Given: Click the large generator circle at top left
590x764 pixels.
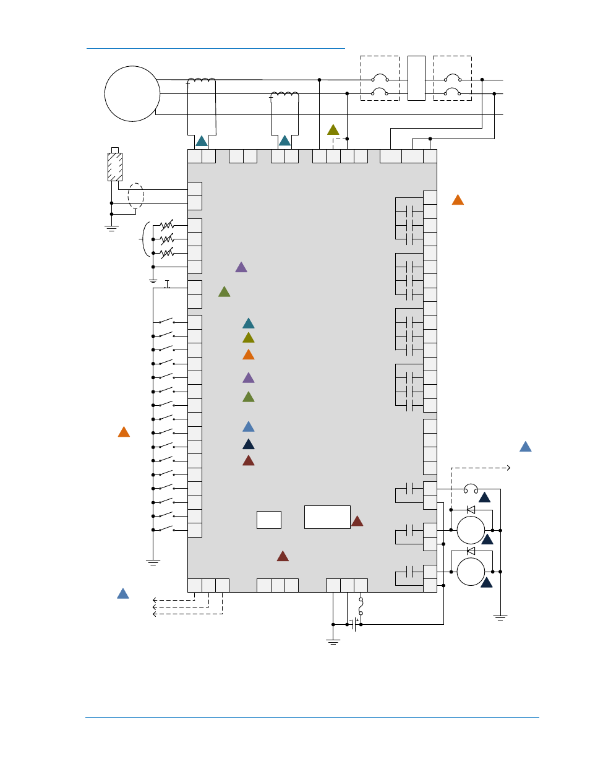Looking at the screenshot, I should coord(132,93).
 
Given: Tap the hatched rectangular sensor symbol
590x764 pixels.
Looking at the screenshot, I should coord(115,166).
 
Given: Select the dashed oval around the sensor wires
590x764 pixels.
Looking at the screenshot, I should coord(135,196).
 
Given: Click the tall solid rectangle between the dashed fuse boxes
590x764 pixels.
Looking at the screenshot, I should coord(416,78).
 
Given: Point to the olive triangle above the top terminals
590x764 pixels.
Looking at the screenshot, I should coord(333,130).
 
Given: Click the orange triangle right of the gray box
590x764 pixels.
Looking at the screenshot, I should coord(458,200).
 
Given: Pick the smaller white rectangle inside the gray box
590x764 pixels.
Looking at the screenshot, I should coord(269,520).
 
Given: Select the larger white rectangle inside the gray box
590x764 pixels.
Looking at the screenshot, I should coord(327,517).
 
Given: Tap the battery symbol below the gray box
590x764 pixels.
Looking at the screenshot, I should coord(355,624).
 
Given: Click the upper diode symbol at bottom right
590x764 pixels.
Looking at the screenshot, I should coord(471,510).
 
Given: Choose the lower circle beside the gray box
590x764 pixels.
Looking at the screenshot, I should coord(471,572).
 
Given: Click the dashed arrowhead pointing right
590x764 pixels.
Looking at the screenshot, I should coord(508,468).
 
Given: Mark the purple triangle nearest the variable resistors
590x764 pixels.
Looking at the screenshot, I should coord(241,267).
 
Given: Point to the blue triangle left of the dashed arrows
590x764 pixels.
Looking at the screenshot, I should coord(123,594).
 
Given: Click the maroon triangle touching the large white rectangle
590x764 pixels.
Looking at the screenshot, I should coord(357,521).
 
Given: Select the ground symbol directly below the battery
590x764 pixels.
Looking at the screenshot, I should coord(333,642).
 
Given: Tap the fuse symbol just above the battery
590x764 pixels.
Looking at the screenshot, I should coord(361,605).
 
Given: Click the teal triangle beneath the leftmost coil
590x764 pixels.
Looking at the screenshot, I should coord(202,141).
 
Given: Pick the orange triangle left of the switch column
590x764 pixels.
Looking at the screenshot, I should coord(124,432).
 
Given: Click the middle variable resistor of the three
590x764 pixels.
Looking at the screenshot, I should coord(166,239).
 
